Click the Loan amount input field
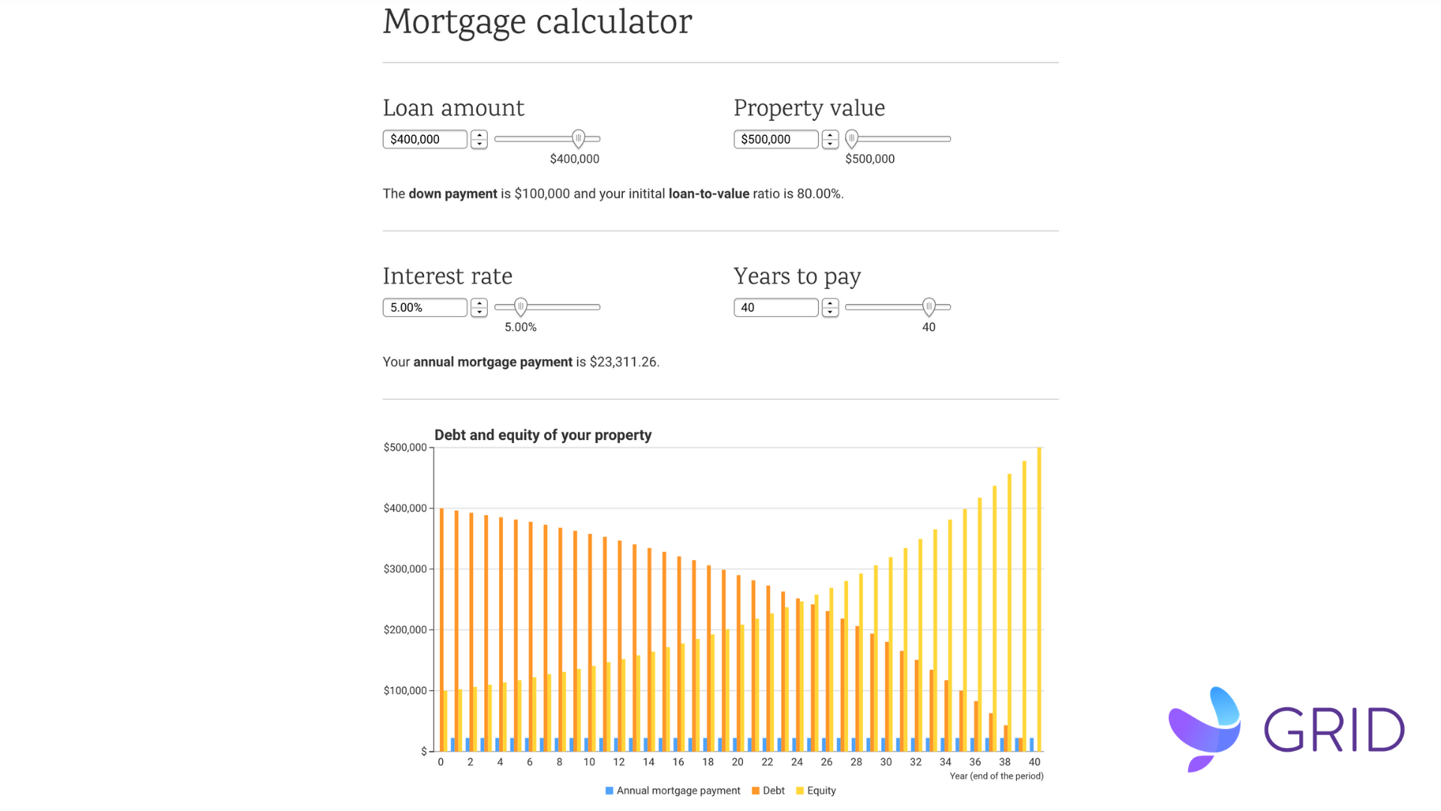coord(424,139)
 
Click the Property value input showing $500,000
coord(775,139)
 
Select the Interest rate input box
coord(424,307)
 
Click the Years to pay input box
coord(775,307)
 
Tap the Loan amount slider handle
coord(578,139)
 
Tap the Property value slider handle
coord(851,139)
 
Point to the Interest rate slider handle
coord(521,307)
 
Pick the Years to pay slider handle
coord(929,307)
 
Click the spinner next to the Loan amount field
coord(479,139)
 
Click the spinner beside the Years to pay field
coord(830,307)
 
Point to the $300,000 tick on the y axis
coord(405,569)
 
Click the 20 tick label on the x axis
coord(738,762)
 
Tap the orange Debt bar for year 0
coord(441,631)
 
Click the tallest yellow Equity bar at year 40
coord(1039,601)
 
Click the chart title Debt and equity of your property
coord(543,436)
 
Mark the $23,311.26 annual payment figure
coord(623,362)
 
